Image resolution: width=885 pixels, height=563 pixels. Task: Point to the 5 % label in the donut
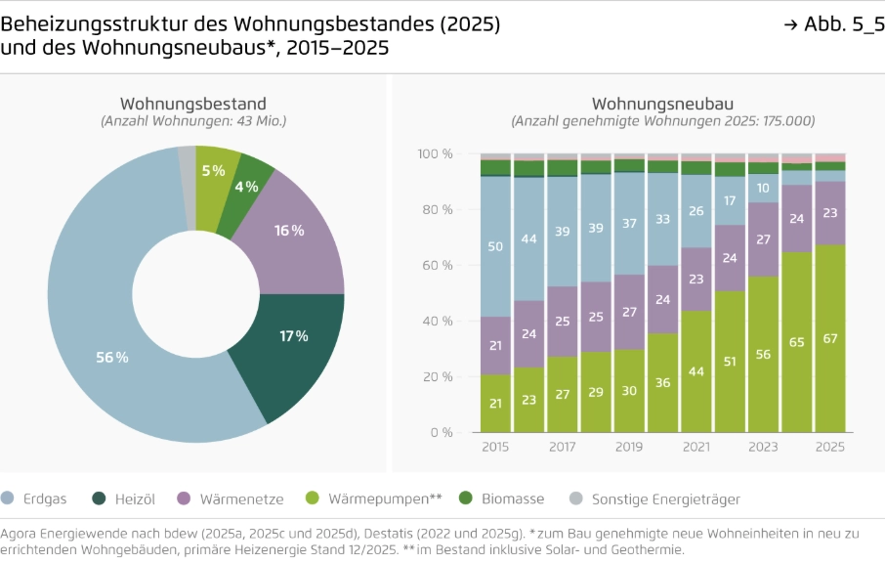[213, 170]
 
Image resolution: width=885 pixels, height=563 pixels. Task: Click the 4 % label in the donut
[247, 187]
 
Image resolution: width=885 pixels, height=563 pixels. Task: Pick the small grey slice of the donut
[187, 188]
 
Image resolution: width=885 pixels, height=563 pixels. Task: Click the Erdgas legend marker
[8, 498]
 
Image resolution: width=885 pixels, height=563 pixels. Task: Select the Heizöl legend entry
[123, 498]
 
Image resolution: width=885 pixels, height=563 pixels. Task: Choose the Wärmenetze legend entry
[231, 498]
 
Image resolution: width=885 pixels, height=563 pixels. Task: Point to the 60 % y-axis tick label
[438, 265]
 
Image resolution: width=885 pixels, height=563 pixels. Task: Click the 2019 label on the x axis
[629, 447]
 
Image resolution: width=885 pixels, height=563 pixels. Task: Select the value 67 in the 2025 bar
[829, 338]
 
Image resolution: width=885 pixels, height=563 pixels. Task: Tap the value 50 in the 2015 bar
[495, 246]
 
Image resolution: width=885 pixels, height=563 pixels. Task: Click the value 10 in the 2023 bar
[763, 188]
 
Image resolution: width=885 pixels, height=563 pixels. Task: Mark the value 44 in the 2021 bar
[695, 371]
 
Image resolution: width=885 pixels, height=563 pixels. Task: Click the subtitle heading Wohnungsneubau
[662, 104]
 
